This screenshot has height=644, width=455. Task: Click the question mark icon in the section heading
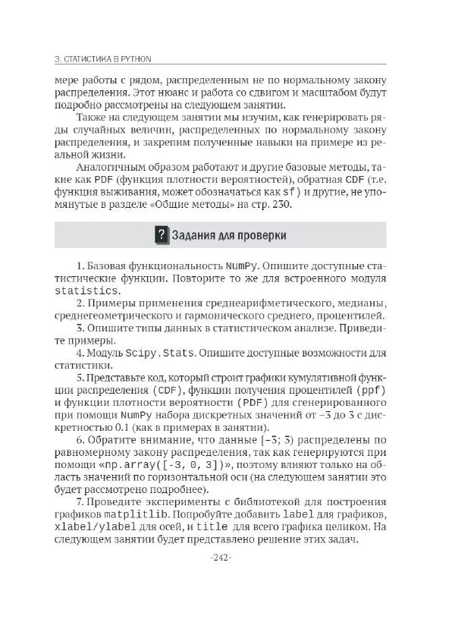[161, 235]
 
